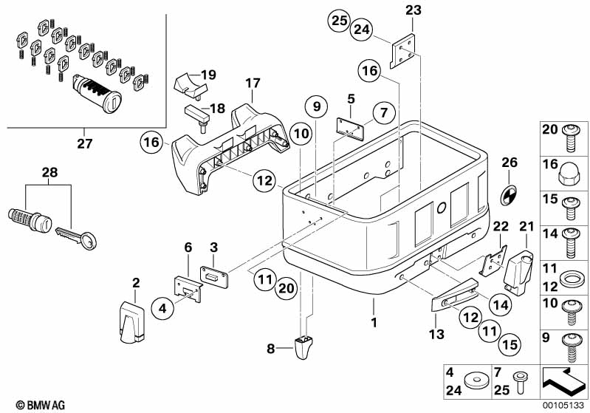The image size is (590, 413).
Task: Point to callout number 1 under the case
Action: point(374,323)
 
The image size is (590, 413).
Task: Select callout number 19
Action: point(208,75)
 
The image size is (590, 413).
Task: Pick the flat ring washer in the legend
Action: point(571,279)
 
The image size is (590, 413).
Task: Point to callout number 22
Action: point(500,225)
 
